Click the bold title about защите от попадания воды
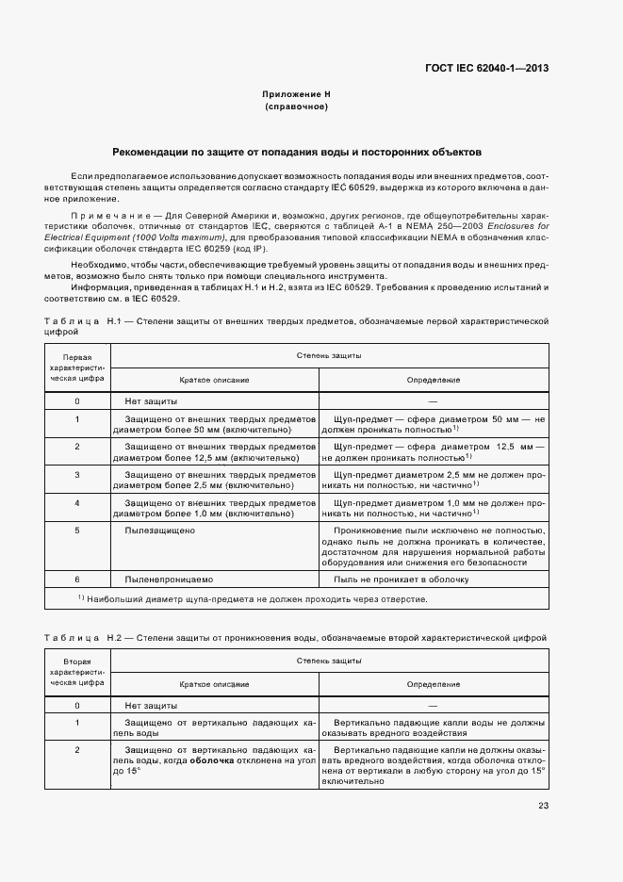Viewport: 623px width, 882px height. [296, 151]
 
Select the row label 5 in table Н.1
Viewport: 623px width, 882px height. [77, 531]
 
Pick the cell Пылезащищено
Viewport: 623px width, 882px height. [159, 531]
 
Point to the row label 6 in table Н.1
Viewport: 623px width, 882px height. [77, 580]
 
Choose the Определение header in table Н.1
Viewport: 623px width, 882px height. [433, 380]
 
